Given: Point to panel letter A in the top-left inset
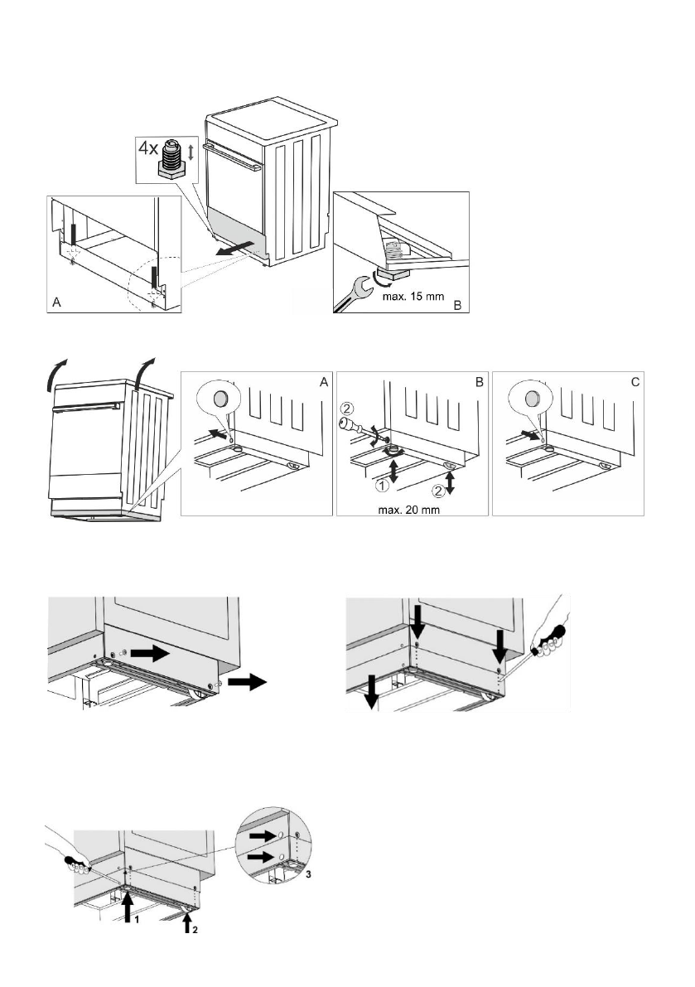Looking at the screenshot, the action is click(x=56, y=304).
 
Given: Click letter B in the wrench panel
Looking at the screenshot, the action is click(x=456, y=304).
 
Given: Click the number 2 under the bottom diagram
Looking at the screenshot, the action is click(x=196, y=929).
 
